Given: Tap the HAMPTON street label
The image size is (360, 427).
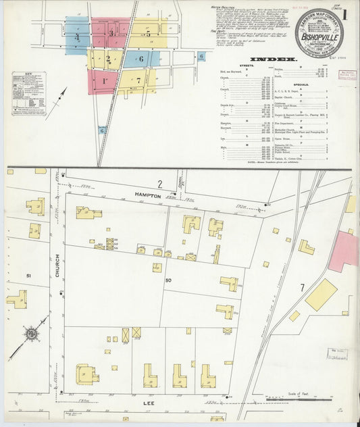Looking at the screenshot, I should [147, 195].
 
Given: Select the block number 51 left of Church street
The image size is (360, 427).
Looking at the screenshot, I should [29, 276].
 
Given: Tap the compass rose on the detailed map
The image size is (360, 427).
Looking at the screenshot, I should [30, 334].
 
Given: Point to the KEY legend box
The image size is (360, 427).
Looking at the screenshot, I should [27, 89].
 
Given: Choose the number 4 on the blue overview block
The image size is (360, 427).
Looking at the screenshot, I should [77, 36].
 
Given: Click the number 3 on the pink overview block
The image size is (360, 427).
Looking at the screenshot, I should [111, 32].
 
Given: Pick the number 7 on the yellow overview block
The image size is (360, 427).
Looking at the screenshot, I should [138, 80].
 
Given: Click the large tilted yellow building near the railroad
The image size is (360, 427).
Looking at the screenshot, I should [320, 295].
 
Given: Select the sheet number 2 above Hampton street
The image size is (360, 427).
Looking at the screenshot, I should [160, 184].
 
